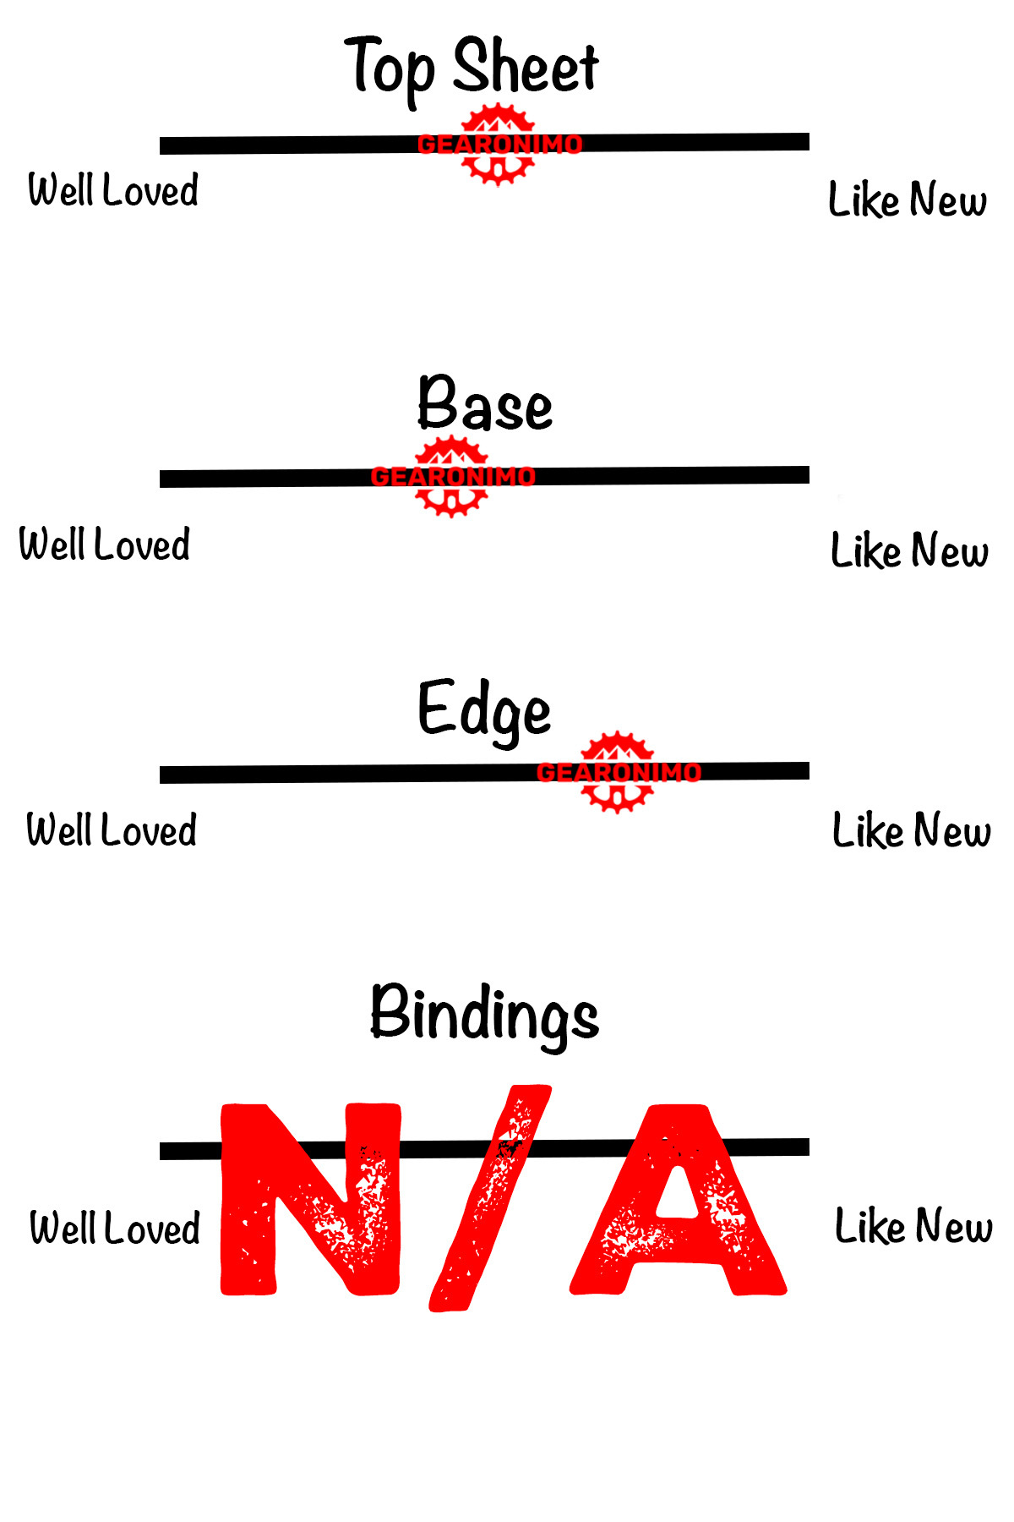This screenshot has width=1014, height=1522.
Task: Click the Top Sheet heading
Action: pos(472,68)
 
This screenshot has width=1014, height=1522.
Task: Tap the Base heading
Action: pos(485,404)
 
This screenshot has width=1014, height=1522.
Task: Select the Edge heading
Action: pos(484,710)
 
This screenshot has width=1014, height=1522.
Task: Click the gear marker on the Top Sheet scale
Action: pos(499,145)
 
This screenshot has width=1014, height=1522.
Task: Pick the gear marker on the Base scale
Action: pos(452,476)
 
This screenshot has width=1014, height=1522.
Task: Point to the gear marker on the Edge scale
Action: pos(618,772)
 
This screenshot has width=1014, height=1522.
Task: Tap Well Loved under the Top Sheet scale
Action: pos(113,190)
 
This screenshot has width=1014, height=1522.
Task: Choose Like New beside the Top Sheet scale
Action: pos(907,200)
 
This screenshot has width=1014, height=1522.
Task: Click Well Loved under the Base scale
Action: pos(105,545)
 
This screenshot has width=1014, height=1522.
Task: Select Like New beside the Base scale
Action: pos(909,551)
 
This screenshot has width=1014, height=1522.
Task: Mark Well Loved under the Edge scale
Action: pos(112,830)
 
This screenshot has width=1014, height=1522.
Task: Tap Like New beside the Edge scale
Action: pos(911,830)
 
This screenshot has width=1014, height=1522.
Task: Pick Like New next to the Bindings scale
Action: pos(913,1226)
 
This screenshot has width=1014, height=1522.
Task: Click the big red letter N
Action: pos(309,1199)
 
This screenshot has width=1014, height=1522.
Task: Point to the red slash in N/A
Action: pos(490,1199)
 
